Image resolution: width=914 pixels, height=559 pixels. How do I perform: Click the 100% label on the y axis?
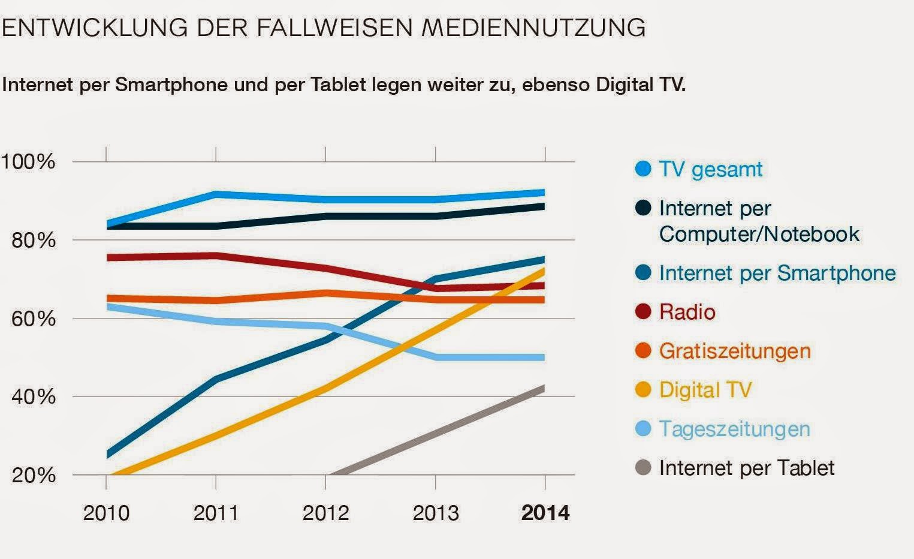(x=28, y=161)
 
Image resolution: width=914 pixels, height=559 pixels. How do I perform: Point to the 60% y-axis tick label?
(x=34, y=318)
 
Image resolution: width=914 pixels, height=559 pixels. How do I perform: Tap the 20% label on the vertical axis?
(x=34, y=475)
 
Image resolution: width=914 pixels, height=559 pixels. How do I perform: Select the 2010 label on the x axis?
(x=106, y=513)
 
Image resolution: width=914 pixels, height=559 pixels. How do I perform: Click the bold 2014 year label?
(x=545, y=513)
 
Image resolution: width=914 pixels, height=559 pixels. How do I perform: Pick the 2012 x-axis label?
(x=325, y=513)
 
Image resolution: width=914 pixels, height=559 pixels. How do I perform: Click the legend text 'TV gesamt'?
(x=710, y=169)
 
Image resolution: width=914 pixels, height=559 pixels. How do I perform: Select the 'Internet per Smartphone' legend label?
(x=777, y=273)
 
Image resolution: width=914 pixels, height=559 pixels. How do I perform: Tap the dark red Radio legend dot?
(x=643, y=312)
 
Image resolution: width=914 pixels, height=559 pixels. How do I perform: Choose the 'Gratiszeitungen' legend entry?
(x=734, y=351)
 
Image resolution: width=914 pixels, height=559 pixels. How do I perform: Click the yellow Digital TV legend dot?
(x=643, y=390)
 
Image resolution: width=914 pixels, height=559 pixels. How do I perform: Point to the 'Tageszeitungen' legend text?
(x=734, y=429)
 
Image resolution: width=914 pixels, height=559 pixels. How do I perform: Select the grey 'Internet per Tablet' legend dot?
(x=643, y=468)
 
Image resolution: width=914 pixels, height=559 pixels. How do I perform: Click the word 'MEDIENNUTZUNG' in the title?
(x=533, y=28)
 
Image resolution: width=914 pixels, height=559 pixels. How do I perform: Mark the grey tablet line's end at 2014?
(x=544, y=389)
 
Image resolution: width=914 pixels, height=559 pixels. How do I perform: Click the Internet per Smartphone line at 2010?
(x=108, y=454)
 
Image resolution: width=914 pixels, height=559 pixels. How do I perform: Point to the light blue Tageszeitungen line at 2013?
(x=436, y=357)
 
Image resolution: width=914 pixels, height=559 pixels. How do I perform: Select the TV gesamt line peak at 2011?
(x=216, y=194)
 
